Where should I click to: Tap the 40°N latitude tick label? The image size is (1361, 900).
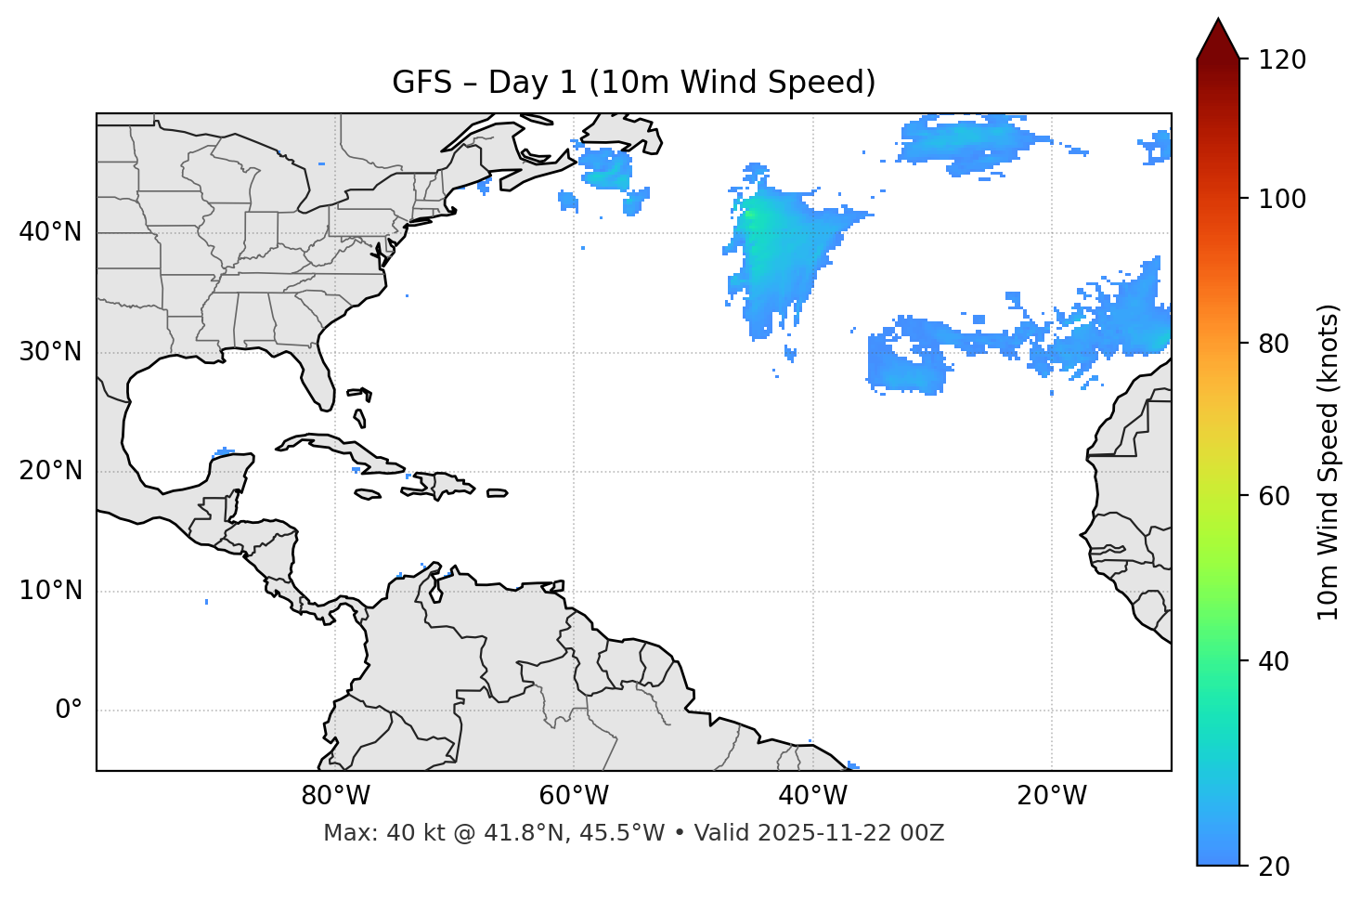50,232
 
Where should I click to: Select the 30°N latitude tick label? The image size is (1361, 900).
50,352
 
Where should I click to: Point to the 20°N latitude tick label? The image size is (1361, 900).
50,471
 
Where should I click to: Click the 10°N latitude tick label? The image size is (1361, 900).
50,591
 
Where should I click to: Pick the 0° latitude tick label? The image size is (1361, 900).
69,711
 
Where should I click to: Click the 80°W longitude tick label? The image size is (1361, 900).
335,796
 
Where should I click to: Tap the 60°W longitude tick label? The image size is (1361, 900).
574,796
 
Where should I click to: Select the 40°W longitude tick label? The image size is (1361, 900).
812,796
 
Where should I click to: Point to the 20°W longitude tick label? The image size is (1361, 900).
1051,796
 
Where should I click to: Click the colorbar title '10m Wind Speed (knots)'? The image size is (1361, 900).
1329,462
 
